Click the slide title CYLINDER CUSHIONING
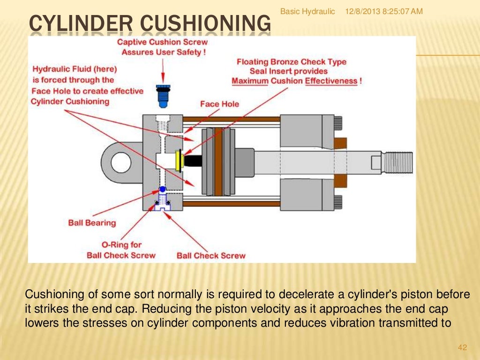[150, 24]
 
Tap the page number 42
[462, 347]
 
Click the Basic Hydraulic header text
[307, 11]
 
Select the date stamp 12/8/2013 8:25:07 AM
[383, 11]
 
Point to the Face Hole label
[219, 104]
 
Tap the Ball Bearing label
[92, 223]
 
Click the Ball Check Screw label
[211, 255]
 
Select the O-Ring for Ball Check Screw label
[121, 250]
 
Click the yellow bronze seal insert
[178, 160]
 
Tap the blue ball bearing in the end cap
[162, 189]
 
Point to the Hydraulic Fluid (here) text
[74, 69]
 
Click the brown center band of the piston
[218, 162]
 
